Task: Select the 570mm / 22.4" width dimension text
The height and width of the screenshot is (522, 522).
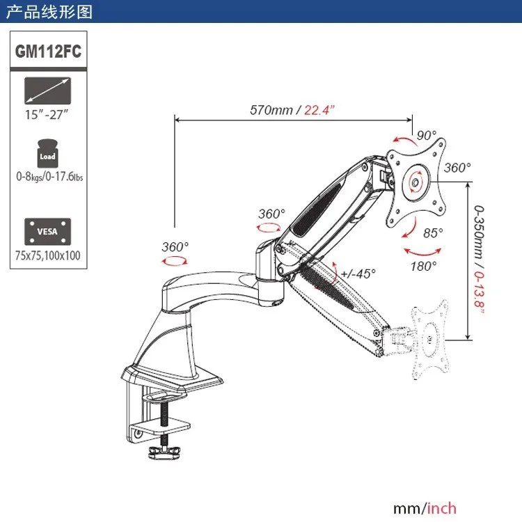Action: click(x=293, y=109)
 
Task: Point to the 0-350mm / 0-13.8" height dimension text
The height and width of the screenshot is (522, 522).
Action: click(x=480, y=261)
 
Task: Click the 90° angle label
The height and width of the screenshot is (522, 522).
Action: click(x=426, y=134)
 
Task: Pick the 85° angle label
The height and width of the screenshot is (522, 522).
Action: click(x=432, y=233)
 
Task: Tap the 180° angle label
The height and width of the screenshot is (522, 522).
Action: click(x=423, y=265)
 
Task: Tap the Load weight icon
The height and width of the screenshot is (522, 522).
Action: click(x=47, y=153)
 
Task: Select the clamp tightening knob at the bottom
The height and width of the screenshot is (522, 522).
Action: click(x=163, y=453)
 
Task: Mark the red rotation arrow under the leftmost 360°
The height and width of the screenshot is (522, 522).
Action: click(x=174, y=260)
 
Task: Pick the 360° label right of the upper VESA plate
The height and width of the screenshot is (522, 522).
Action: click(x=457, y=168)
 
